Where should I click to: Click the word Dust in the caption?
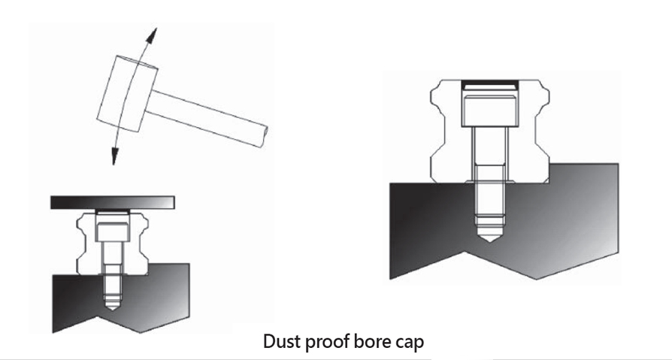pos(280,341)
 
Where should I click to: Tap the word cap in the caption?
pos(408,343)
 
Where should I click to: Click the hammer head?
pos(127,94)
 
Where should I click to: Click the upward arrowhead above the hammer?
pos(152,35)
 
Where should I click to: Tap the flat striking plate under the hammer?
pos(112,202)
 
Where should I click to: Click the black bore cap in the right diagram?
pos(490,85)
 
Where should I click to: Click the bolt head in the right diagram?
pos(490,110)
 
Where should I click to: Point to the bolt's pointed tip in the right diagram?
pos(490,241)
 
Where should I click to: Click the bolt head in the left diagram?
pos(112,231)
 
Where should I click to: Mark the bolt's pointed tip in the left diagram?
pos(112,310)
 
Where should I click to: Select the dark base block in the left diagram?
pos(121,298)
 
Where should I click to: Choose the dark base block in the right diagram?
pos(504,223)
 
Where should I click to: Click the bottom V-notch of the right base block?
pos(466,252)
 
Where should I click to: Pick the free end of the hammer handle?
pos(265,137)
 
